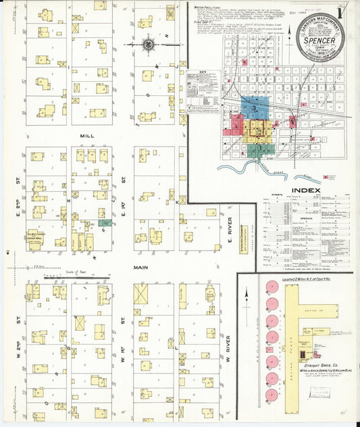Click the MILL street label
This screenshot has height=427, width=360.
[86, 136]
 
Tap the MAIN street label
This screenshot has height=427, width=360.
[140, 267]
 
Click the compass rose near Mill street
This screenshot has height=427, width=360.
[148, 45]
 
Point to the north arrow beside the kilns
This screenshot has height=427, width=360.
[247, 297]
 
